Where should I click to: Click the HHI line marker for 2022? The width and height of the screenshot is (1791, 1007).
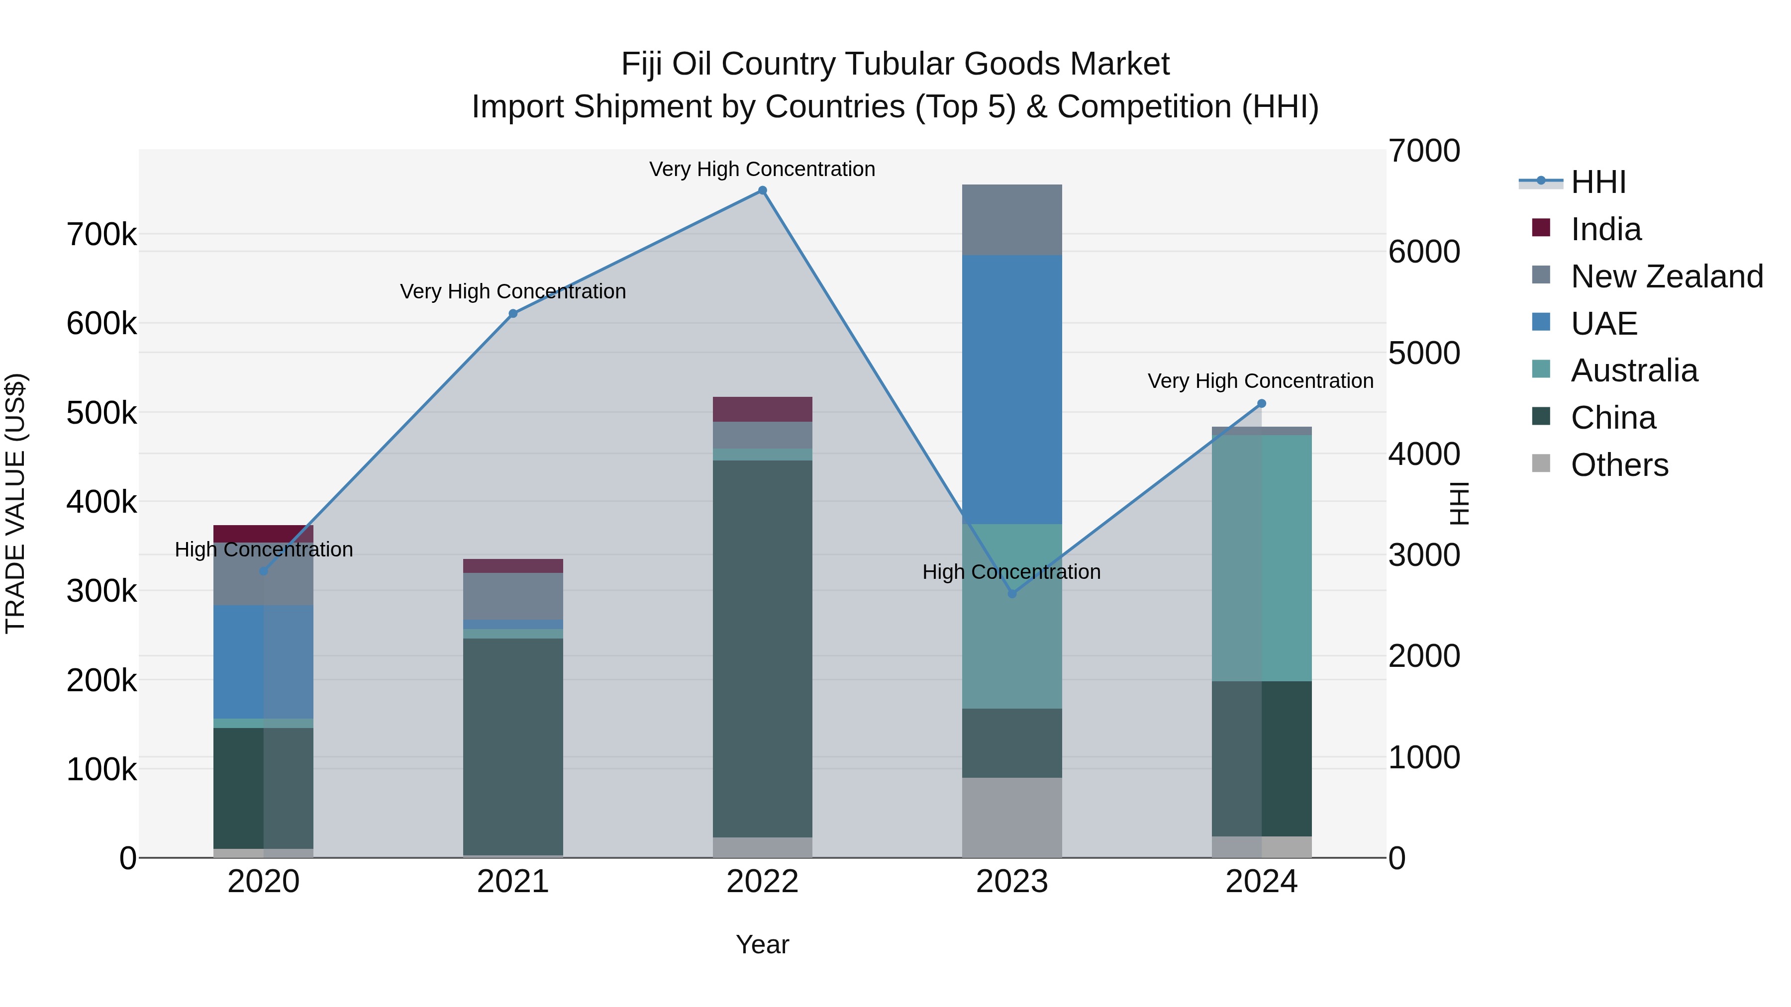[762, 190]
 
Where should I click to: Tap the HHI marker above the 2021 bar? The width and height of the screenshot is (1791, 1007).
[513, 313]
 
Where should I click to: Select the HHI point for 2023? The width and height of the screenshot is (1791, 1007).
[1011, 593]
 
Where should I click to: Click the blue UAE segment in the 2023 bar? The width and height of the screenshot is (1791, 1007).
[1011, 389]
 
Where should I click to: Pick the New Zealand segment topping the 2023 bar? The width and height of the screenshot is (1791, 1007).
[1011, 220]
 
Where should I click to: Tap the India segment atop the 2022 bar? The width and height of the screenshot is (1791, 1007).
[762, 409]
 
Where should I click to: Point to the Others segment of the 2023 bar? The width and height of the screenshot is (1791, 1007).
[1011, 817]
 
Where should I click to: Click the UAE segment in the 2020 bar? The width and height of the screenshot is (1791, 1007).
[263, 661]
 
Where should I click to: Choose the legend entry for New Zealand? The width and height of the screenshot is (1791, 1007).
[1666, 276]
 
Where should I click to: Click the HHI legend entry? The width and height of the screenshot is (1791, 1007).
[1597, 182]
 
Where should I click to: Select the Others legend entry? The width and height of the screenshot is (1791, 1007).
[1618, 465]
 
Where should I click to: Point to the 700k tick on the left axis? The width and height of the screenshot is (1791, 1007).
[101, 235]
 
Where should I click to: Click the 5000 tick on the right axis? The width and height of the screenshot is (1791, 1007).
[1424, 353]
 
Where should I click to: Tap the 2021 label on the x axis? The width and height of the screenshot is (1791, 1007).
[513, 882]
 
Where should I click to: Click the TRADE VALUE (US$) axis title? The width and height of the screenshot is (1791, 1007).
[15, 503]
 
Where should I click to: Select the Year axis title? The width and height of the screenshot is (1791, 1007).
[762, 944]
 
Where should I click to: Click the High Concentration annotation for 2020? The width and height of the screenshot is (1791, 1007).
[264, 549]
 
